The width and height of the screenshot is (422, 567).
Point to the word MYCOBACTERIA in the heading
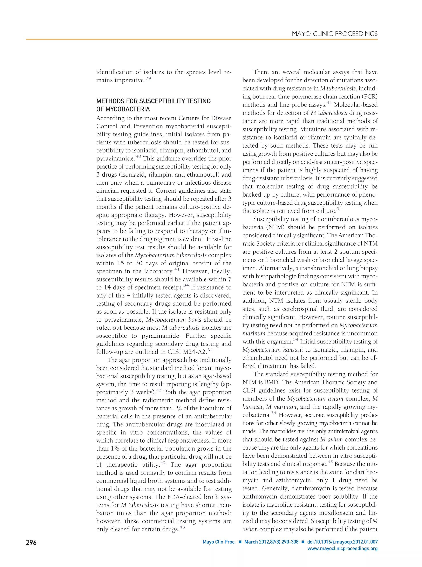[x=128, y=109]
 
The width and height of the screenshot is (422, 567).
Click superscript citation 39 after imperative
[x=148, y=78]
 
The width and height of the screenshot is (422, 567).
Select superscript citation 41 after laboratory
[x=177, y=269]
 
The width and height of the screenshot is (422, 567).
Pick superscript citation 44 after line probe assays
[x=329, y=103]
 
